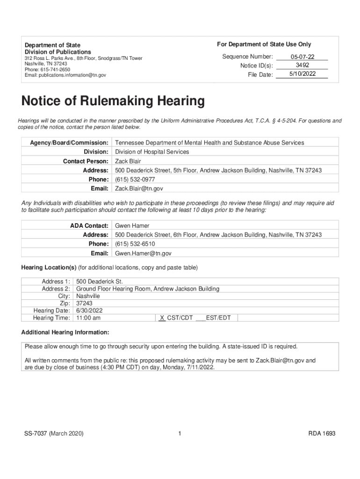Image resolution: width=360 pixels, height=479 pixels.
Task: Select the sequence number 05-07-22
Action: point(301,57)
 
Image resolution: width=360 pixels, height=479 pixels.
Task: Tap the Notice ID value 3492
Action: point(302,65)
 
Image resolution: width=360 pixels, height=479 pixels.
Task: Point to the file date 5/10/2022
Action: point(302,74)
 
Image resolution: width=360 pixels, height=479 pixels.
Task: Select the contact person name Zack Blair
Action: point(128,161)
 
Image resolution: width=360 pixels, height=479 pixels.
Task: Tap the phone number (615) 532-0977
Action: point(135,180)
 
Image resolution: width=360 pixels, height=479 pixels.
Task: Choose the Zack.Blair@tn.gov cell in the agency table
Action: point(139,189)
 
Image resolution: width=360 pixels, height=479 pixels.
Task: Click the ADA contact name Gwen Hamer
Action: point(132,226)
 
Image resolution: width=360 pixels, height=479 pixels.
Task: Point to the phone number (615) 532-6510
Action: point(135,244)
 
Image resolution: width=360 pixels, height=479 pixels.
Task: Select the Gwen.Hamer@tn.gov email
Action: point(143,253)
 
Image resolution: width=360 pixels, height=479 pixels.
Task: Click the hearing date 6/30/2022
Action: point(89,311)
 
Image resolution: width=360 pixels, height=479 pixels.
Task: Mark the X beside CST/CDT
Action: point(162,318)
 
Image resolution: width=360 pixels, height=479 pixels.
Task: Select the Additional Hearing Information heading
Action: point(65,333)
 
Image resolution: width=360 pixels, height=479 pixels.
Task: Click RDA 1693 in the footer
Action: point(322,434)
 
